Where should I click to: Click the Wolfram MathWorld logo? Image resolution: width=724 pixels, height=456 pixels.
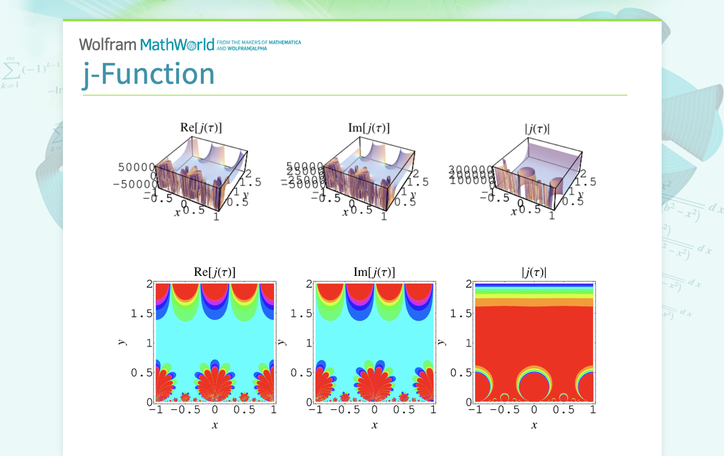pyautogui.click(x=147, y=44)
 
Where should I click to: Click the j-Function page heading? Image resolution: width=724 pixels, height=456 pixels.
pyautogui.click(x=149, y=74)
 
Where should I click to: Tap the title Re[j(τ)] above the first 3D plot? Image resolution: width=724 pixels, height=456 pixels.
pyautogui.click(x=201, y=128)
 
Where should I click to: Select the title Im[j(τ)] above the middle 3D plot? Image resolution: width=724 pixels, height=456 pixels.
pyautogui.click(x=369, y=128)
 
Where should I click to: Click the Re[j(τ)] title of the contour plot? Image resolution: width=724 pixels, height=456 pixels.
pyautogui.click(x=215, y=272)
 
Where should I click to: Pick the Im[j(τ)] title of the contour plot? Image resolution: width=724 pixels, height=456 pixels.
pyautogui.click(x=374, y=272)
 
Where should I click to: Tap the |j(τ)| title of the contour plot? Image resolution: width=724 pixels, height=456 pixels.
pyautogui.click(x=534, y=272)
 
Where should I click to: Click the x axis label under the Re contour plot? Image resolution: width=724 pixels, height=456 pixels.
pyautogui.click(x=215, y=425)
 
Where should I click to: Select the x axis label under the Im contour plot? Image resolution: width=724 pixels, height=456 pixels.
pyautogui.click(x=374, y=425)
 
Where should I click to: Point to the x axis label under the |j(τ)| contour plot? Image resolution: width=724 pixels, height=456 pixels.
pyautogui.click(x=534, y=425)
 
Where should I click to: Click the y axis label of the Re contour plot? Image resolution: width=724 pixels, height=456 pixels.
pyautogui.click(x=122, y=343)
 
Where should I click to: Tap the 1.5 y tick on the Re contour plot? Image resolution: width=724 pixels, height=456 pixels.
pyautogui.click(x=142, y=314)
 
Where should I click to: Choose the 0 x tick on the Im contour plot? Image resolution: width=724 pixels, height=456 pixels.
pyautogui.click(x=375, y=410)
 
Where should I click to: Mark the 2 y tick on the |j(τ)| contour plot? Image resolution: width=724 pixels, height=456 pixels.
pyautogui.click(x=468, y=284)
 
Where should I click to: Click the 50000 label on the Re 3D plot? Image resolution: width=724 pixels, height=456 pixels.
pyautogui.click(x=136, y=168)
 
